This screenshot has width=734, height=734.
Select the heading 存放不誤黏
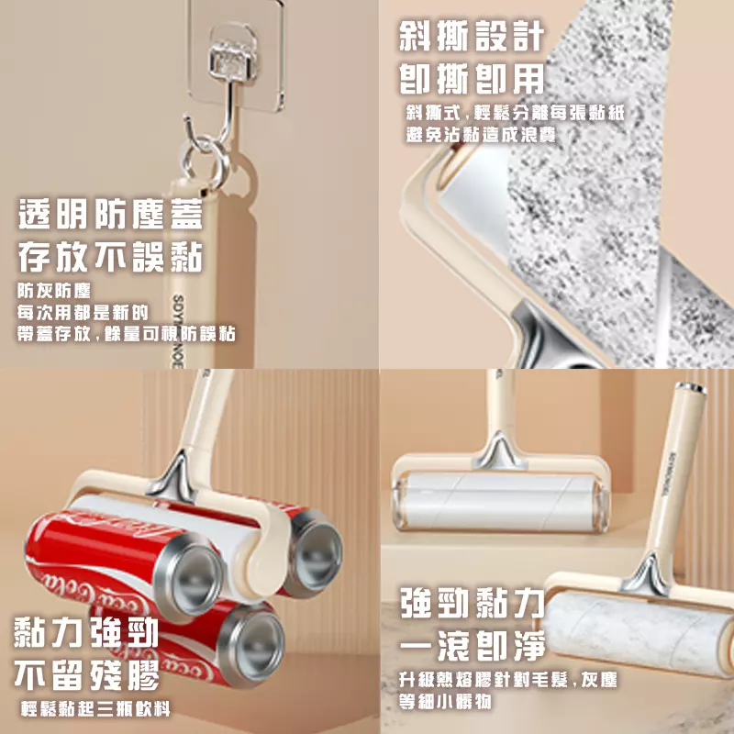[109, 258]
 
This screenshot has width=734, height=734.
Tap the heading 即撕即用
[471, 80]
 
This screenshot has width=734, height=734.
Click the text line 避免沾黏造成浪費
[481, 134]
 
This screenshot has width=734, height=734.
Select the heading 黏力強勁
[86, 634]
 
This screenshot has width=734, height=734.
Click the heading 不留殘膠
[86, 676]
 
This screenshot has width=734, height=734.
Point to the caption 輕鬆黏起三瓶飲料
[95, 709]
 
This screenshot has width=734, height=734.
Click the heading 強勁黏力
[472, 605]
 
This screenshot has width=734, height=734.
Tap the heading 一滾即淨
[472, 646]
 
